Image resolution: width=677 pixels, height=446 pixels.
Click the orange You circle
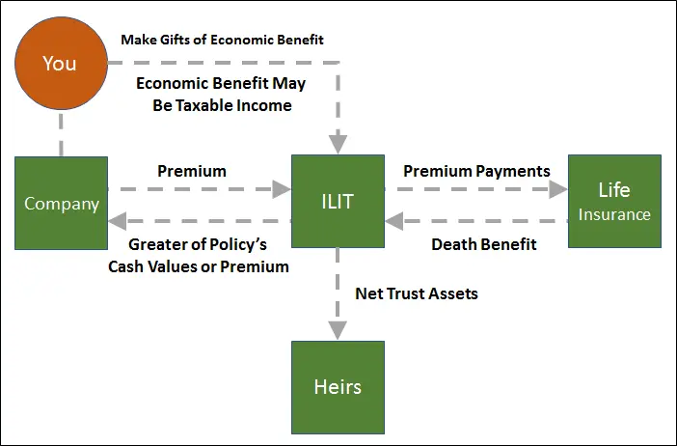(62, 63)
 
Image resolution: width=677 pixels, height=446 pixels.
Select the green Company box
(62, 203)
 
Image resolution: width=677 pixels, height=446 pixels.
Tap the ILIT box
(338, 202)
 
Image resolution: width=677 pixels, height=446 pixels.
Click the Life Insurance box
(615, 202)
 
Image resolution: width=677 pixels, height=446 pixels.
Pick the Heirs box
(338, 388)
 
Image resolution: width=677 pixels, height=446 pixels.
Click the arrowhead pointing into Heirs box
(338, 330)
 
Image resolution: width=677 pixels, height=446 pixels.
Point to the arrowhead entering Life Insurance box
(558, 189)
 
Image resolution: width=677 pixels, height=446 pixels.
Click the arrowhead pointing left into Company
(118, 221)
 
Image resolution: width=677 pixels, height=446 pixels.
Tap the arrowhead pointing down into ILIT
(338, 145)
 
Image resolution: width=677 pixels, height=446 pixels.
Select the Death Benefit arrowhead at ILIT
(394, 221)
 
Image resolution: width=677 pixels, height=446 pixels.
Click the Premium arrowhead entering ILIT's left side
(282, 189)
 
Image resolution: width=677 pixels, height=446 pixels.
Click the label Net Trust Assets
(417, 293)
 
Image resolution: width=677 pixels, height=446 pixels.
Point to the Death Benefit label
(484, 244)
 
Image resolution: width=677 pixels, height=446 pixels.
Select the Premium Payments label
(476, 172)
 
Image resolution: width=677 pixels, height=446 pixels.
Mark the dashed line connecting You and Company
(61, 133)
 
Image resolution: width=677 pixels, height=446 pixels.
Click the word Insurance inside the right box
(614, 214)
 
